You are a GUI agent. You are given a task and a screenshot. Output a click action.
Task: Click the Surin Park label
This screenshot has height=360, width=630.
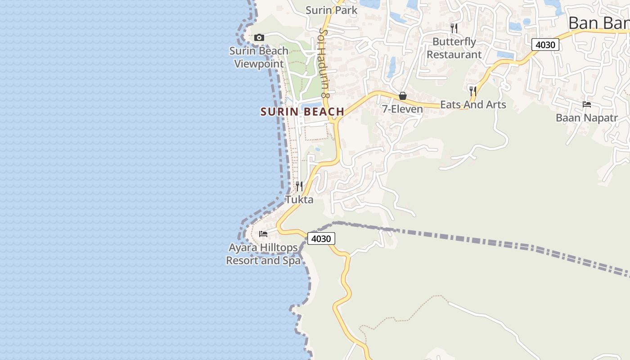pos(331,10)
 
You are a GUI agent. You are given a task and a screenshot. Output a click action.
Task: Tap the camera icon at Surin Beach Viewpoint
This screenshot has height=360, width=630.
pos(259,37)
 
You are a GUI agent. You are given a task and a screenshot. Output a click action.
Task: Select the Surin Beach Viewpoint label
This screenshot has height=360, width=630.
pos(259,57)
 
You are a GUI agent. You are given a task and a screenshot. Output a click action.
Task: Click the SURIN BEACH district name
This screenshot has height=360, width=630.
pos(302,112)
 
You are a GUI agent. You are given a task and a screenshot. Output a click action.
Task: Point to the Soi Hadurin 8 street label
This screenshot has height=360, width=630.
pos(324,63)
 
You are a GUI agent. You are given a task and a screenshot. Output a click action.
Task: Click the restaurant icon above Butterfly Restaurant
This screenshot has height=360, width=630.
pos(454,28)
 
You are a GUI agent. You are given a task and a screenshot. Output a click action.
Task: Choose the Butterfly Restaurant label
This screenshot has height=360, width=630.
pos(454,48)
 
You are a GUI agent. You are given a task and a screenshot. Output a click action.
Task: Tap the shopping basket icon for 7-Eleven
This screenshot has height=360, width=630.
pos(403,96)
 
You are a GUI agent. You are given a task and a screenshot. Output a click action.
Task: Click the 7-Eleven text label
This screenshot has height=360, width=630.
pos(403,109)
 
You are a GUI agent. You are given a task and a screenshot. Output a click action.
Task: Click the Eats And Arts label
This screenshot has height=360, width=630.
pos(473,104)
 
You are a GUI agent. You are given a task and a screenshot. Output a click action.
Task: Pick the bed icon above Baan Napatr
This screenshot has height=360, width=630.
pos(587,104)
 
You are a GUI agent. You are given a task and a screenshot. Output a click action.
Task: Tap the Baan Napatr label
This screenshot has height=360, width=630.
pos(587,118)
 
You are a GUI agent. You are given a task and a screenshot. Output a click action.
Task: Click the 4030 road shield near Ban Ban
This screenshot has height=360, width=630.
pos(545,45)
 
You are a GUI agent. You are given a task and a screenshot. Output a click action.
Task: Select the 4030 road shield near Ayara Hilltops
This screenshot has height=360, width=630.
pos(321,238)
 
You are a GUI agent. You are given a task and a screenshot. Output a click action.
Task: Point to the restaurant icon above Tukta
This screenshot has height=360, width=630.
pos(299,186)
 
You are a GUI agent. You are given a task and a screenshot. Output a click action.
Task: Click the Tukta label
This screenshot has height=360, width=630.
pos(299,199)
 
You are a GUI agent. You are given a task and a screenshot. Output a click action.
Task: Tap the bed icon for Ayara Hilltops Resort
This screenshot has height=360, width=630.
pos(263,234)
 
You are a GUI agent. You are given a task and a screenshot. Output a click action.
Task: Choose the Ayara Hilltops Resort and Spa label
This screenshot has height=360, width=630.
pos(263,254)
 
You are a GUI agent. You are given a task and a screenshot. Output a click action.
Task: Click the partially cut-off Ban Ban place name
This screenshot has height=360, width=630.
pos(598,22)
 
